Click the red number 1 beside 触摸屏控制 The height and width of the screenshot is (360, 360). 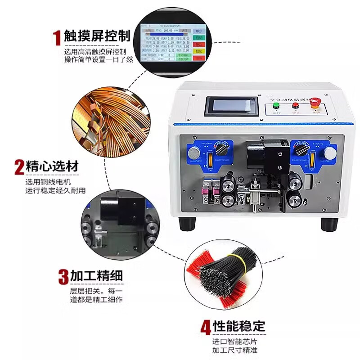[57, 38]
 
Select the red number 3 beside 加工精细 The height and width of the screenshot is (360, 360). [63, 276]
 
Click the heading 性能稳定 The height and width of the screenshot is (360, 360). [239, 326]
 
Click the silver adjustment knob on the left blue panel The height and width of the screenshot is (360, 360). [193, 153]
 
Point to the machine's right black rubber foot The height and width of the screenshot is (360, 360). [329, 222]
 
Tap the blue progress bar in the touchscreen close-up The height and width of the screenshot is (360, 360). [167, 32]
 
